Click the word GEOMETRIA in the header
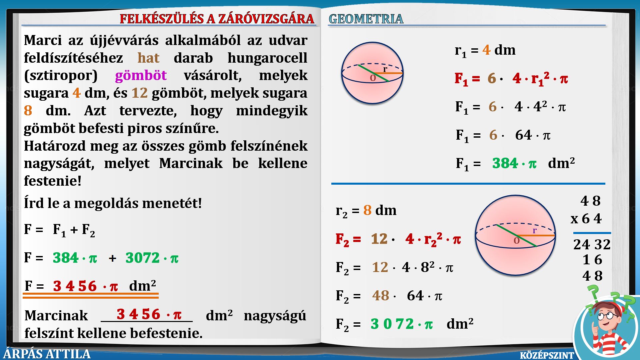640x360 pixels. point(366,19)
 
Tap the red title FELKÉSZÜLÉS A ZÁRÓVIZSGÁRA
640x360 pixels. point(217,19)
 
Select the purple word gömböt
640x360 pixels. point(141,75)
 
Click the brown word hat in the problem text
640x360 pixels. point(148,58)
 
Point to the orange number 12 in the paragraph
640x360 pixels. point(139,93)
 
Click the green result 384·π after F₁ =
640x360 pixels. point(514,163)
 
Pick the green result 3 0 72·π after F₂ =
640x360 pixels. point(402,324)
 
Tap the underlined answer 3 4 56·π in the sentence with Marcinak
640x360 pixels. point(149,314)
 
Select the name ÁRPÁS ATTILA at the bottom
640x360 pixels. point(47,354)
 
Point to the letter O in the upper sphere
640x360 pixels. point(373,78)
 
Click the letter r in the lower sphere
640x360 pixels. point(535,230)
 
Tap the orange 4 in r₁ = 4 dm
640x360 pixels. point(486,50)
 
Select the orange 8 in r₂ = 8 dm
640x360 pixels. point(367,210)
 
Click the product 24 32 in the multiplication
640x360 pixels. point(592,244)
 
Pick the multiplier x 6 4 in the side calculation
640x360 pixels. point(586,219)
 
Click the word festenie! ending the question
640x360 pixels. point(53,181)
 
